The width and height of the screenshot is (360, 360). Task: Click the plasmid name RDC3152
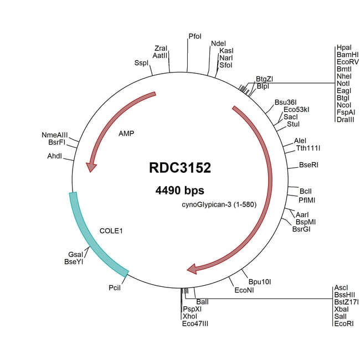point(180,168)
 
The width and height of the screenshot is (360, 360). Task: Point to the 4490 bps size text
point(180,191)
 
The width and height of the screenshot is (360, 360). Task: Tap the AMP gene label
point(127,133)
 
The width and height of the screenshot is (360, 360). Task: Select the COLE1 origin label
point(111,230)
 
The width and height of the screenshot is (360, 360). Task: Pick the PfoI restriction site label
point(195,37)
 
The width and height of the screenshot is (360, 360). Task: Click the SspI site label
point(142,63)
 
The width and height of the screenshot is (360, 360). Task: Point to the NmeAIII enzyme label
point(55,135)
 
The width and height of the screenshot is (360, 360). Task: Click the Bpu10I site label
point(259,282)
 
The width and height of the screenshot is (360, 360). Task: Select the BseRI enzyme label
point(308,165)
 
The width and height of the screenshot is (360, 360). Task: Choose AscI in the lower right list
point(341,287)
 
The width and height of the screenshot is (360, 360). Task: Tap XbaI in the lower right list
point(342,309)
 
